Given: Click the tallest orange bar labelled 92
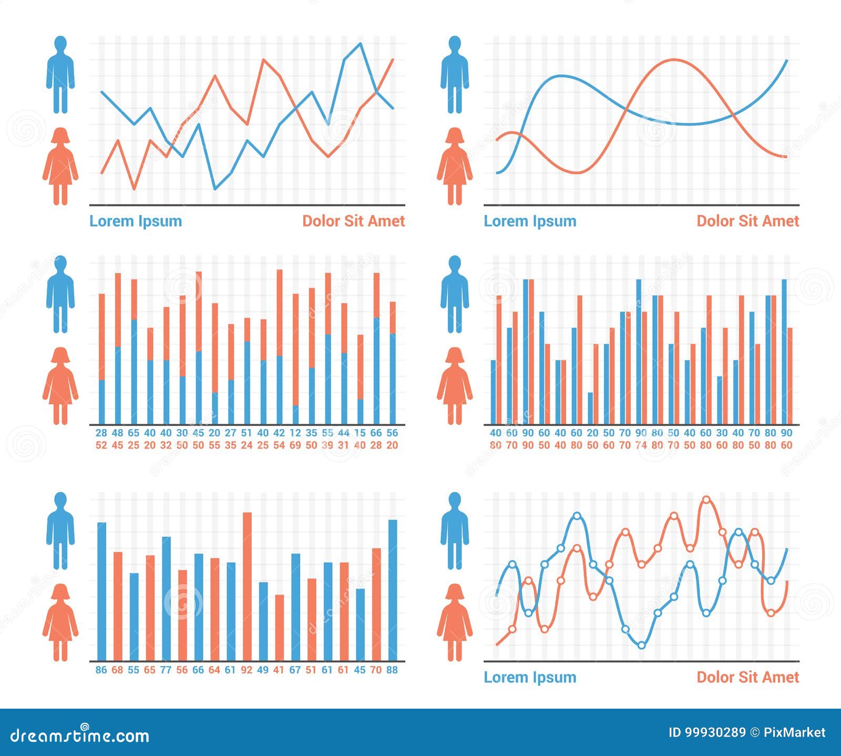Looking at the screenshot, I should click(x=247, y=586).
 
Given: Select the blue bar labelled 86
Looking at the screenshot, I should click(x=101, y=591).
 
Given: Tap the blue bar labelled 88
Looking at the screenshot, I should click(x=393, y=590).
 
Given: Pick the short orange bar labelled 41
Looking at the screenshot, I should click(x=279, y=628).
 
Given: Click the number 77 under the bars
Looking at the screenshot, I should click(x=166, y=670).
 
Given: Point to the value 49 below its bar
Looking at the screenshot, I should click(x=263, y=670).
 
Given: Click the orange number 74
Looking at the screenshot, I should click(x=641, y=445).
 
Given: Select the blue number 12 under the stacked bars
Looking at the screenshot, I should click(x=295, y=433).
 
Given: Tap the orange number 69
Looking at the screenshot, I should click(x=295, y=445).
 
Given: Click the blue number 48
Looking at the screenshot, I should click(x=117, y=433).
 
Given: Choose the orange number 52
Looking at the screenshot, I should click(x=101, y=445).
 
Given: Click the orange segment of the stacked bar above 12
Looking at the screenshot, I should click(x=295, y=350).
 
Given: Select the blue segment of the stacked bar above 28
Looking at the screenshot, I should click(x=101, y=402).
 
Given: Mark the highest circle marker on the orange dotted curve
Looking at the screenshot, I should click(x=706, y=499).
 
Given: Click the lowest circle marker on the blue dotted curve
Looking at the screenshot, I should click(x=641, y=645).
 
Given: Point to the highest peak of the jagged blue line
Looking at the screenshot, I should click(x=361, y=44).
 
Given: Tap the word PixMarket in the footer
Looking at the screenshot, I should click(x=794, y=732).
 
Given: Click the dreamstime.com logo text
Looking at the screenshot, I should click(x=80, y=735).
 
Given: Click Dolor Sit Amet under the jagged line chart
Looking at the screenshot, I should click(x=353, y=221).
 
